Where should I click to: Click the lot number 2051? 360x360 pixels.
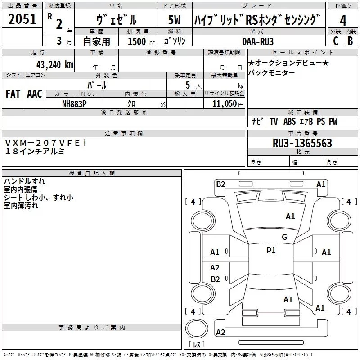click(x=22, y=19)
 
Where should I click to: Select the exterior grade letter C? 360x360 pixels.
click(x=335, y=40)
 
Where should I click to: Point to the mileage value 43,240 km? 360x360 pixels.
click(x=54, y=64)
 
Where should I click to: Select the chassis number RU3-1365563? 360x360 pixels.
click(x=302, y=143)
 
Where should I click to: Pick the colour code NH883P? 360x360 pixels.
click(x=75, y=103)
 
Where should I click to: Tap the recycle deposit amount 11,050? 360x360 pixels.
click(x=224, y=103)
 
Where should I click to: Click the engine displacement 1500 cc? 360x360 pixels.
click(x=140, y=41)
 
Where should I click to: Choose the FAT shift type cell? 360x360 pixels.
click(x=13, y=94)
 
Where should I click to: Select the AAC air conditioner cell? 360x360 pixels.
click(x=35, y=94)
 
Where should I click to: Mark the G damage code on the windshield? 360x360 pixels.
click(x=284, y=237)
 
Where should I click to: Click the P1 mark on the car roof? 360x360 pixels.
click(x=271, y=251)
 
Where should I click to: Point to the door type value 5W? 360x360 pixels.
click(x=175, y=20)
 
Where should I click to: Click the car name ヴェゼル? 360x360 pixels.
click(x=117, y=20)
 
